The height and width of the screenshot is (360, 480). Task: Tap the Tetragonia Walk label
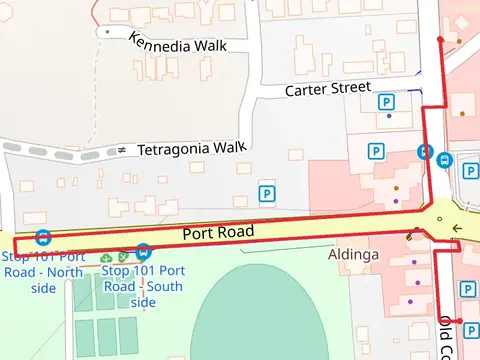[191, 148]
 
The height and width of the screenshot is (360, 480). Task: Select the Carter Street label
[328, 89]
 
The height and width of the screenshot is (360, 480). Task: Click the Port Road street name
[218, 233]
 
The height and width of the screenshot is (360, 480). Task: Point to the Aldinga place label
[353, 255]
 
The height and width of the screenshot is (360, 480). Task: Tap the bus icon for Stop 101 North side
[43, 238]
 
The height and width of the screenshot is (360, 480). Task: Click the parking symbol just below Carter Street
[385, 102]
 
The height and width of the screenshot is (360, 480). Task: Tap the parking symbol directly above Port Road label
[267, 193]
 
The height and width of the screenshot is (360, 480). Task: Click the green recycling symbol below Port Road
[107, 259]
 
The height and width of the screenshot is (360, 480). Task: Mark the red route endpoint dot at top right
[440, 40]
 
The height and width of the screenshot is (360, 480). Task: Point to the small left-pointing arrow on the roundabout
[457, 228]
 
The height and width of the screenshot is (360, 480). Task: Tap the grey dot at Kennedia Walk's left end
[107, 32]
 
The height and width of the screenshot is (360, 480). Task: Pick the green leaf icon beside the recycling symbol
[123, 259]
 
